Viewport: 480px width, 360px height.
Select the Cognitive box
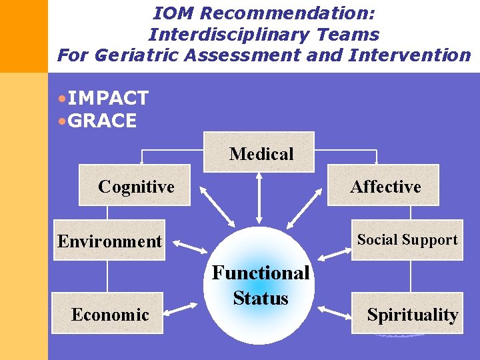(137, 185)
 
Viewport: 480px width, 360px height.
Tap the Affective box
(385, 185)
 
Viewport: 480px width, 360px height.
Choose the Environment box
(109, 240)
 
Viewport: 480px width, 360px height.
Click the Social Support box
(407, 239)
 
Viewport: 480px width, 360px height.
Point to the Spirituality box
(407, 313)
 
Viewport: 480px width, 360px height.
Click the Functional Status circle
(261, 287)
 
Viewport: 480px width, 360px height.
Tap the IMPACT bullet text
(107, 98)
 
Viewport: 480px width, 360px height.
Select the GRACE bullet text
(102, 121)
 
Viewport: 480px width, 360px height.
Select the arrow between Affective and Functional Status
(303, 209)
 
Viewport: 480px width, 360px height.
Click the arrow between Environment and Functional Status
(190, 249)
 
